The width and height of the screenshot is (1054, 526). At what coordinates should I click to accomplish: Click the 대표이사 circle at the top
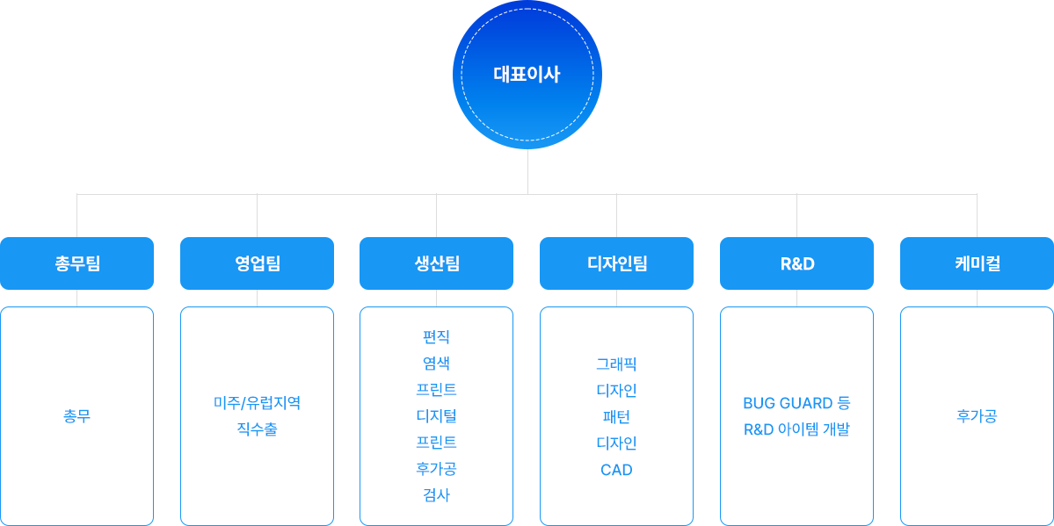pos(527,75)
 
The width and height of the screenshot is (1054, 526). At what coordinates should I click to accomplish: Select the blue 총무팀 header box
pos(76,263)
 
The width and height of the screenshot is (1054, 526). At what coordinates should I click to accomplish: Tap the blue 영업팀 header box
pos(257,263)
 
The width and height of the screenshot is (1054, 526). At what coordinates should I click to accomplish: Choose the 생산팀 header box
pos(436,263)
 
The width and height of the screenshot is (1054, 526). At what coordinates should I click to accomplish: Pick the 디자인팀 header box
pos(616,263)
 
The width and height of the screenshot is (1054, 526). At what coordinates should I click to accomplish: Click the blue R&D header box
pos(796,263)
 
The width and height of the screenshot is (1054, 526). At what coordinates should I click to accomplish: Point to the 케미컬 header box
pos(977,263)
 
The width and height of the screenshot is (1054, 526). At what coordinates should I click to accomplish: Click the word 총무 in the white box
pos(76,416)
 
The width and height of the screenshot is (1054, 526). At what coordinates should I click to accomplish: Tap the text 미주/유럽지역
pos(257,403)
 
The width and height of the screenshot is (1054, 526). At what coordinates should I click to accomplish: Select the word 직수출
pos(257,429)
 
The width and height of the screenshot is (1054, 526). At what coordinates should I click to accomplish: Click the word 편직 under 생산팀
pos(436,336)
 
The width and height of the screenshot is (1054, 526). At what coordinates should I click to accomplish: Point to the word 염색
pos(436,364)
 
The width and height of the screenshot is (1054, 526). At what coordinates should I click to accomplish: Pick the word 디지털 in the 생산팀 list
pos(436,416)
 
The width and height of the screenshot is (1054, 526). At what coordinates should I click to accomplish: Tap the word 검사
pos(436,495)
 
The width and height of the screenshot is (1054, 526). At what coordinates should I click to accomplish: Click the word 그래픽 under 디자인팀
pos(616,364)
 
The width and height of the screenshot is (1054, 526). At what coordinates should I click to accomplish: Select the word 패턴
pos(616,416)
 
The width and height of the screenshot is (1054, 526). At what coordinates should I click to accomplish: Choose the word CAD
pos(616,470)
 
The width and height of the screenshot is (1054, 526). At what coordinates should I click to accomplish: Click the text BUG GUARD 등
pos(796,403)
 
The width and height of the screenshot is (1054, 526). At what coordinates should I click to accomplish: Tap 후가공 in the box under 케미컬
pos(977,416)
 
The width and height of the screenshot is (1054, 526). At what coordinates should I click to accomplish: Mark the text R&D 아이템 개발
pos(796,429)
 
